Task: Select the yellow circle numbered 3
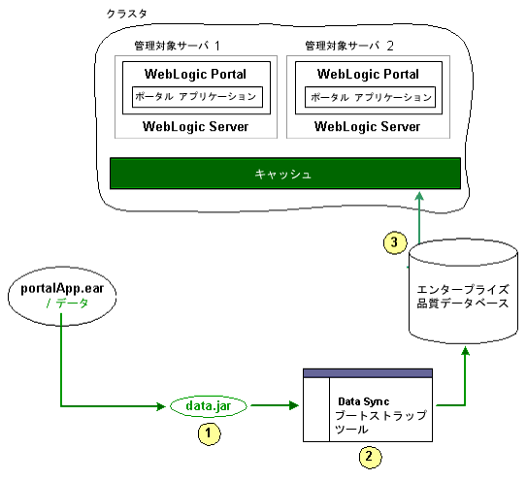pyautogui.click(x=393, y=243)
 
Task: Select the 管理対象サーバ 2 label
pyautogui.click(x=348, y=46)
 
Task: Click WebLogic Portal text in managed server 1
pyautogui.click(x=195, y=74)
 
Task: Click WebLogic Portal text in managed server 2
pyautogui.click(x=368, y=74)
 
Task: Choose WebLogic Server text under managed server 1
pyautogui.click(x=195, y=126)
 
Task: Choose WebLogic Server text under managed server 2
pyautogui.click(x=368, y=126)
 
